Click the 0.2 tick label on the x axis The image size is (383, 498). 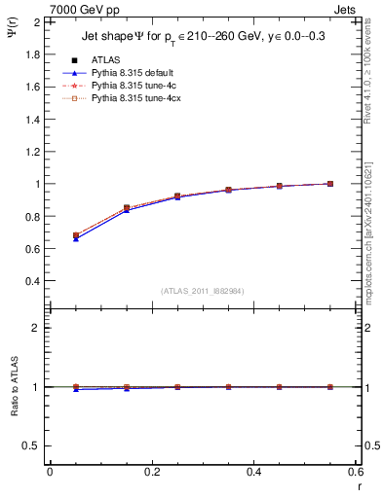coord(152,472)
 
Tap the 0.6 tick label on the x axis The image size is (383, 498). coord(357,472)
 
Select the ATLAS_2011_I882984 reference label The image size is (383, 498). coord(204,290)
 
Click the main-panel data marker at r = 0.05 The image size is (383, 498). coord(76,235)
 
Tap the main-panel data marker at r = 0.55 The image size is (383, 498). coord(330,184)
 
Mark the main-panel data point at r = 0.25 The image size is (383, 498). coord(177,196)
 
